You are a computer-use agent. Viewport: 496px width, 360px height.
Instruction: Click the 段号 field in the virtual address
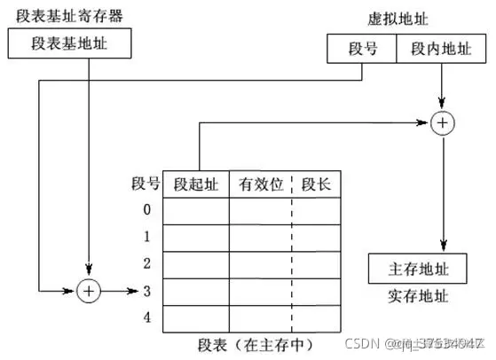(363, 48)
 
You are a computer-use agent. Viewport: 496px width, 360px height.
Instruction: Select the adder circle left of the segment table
(88, 291)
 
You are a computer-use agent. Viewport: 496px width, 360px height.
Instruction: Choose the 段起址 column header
(195, 184)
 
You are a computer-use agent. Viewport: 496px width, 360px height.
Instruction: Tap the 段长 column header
(317, 184)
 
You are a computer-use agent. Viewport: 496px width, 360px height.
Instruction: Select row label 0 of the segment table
(146, 210)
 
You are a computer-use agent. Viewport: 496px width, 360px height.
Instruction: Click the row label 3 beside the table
(146, 291)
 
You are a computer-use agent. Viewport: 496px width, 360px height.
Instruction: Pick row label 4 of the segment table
(146, 317)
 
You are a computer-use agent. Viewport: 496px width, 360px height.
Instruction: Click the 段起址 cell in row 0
(195, 211)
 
